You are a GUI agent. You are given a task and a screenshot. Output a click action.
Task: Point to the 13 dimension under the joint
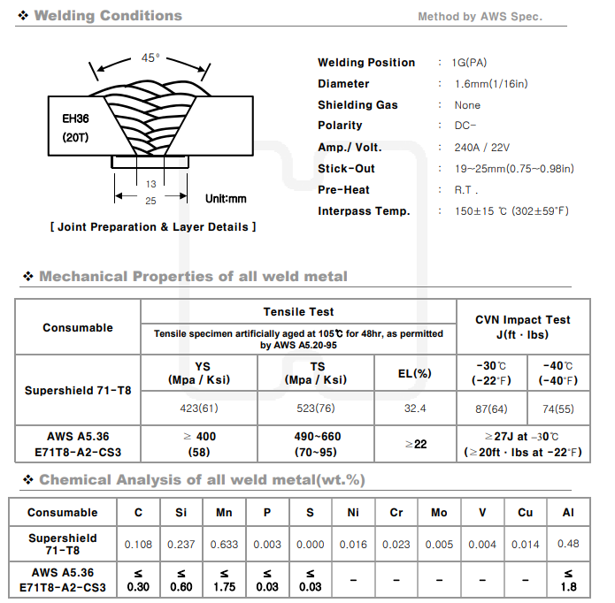tap(150, 184)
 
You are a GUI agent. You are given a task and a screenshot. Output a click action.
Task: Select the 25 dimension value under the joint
tap(150, 202)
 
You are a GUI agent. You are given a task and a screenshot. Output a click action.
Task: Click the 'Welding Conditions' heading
tap(107, 15)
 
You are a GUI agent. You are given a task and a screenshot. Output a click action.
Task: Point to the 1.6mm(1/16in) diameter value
tap(490, 84)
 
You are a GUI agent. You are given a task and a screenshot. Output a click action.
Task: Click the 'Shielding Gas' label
tap(357, 105)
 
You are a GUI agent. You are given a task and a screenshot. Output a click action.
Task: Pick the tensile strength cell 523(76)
tap(315, 408)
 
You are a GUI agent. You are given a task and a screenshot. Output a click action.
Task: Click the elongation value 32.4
tap(414, 408)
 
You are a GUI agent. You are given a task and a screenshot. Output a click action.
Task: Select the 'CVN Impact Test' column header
tap(523, 320)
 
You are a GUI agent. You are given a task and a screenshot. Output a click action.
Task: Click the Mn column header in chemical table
tap(225, 512)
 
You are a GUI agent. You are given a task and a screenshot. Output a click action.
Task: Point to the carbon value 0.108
tap(138, 545)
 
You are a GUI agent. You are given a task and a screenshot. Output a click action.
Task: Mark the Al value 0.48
tap(569, 545)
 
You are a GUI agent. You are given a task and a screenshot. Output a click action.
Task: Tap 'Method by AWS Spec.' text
tap(480, 17)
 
